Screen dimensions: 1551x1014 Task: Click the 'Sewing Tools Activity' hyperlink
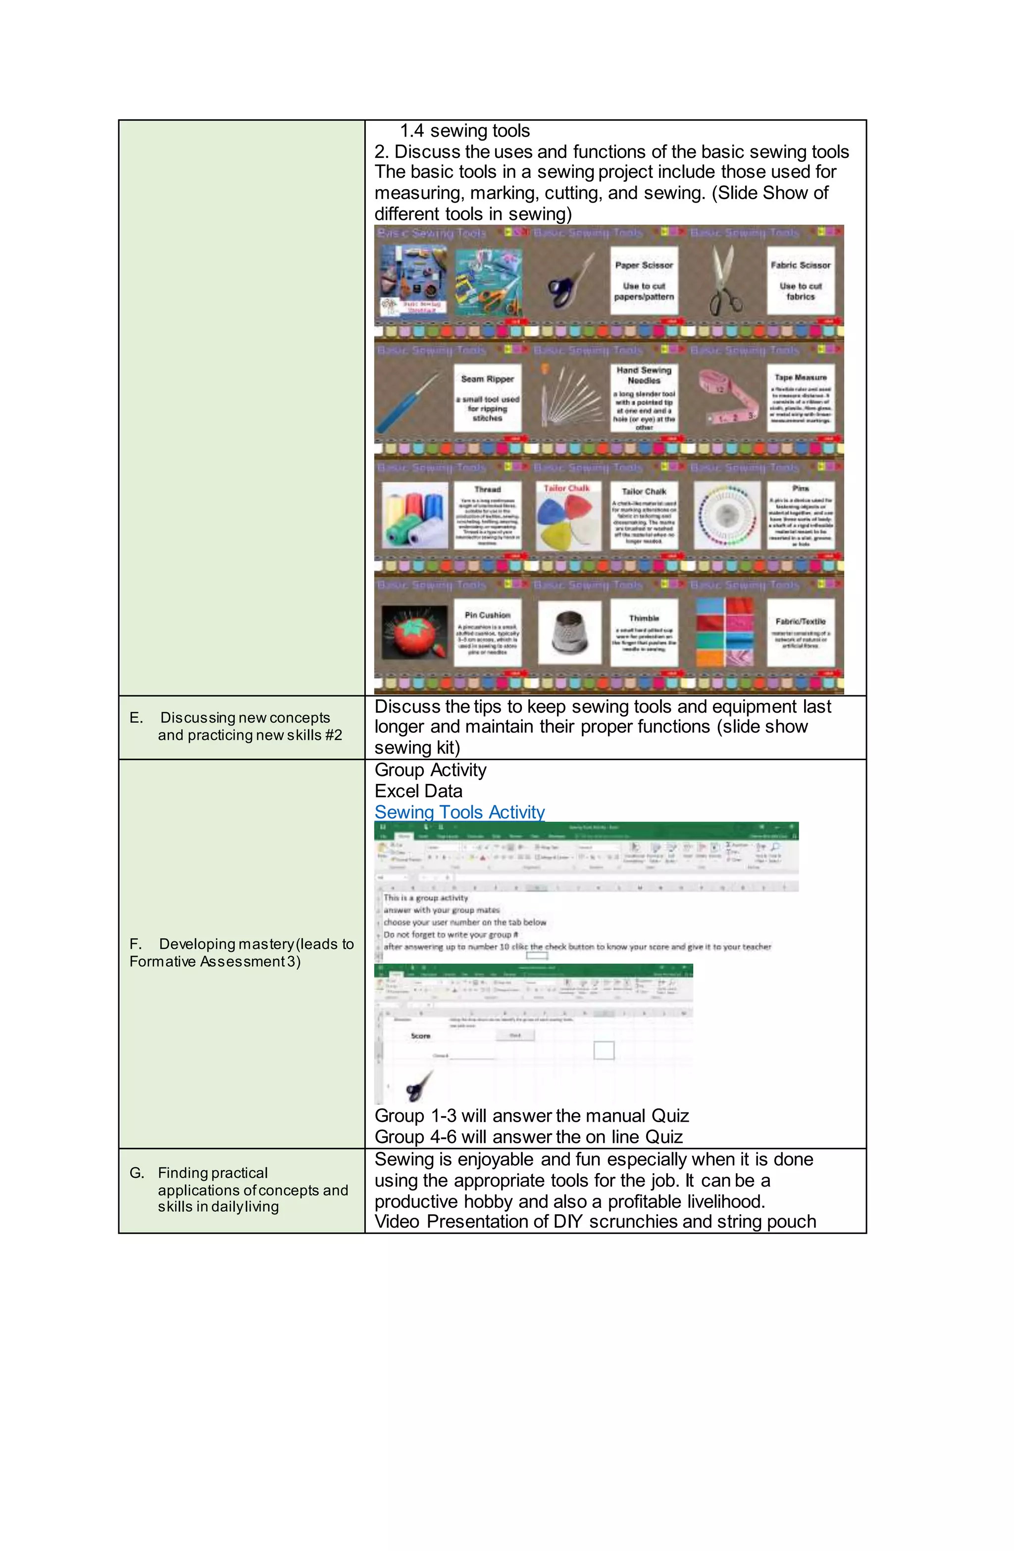click(x=459, y=812)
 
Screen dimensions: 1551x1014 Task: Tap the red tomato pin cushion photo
click(x=414, y=631)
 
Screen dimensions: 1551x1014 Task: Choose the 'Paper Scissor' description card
click(x=643, y=281)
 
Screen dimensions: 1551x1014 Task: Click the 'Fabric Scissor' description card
click(x=800, y=281)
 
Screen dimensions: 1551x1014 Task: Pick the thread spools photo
click(x=414, y=516)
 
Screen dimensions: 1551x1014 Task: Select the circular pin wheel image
click(x=726, y=516)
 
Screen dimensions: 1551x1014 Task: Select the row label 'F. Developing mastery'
click(x=241, y=952)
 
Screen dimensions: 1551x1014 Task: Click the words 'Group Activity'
click(x=430, y=770)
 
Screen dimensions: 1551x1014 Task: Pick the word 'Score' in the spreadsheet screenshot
click(x=420, y=1035)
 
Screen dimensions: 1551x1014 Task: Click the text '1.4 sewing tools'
click(x=464, y=131)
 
